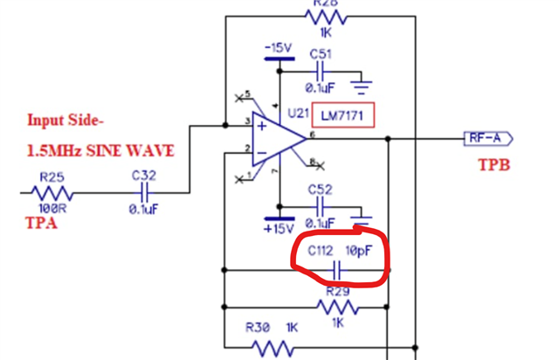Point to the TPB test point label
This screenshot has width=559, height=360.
tap(493, 164)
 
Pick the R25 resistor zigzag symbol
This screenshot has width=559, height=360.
tap(52, 193)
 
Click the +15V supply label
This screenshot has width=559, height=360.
tap(279, 230)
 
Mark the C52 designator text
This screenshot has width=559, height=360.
tap(321, 190)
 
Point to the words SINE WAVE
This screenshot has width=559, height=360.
tap(131, 150)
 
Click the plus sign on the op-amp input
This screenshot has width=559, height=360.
tap(261, 128)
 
